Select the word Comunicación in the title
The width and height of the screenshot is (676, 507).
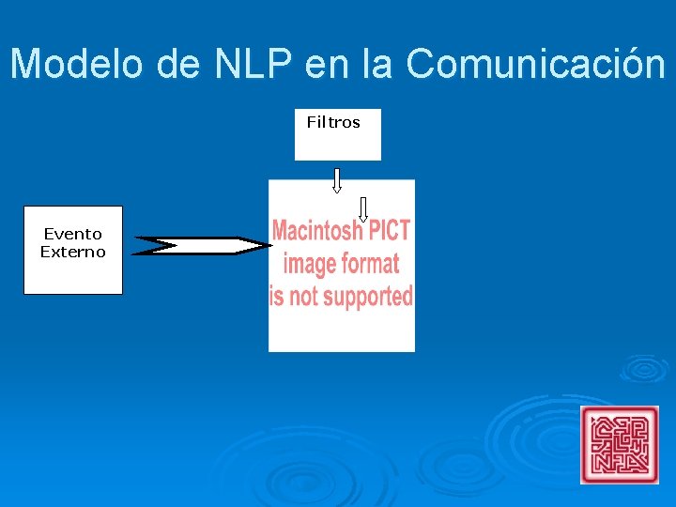pyautogui.click(x=535, y=64)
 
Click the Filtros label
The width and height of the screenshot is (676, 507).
pyautogui.click(x=333, y=122)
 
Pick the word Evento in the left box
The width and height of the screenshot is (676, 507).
pyautogui.click(x=73, y=234)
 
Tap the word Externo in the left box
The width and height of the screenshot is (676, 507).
pyautogui.click(x=73, y=252)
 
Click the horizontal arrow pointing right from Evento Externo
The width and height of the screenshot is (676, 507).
pyautogui.click(x=201, y=246)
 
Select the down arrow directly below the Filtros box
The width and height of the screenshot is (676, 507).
pyautogui.click(x=337, y=180)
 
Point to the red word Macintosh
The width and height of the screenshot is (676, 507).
pyautogui.click(x=316, y=231)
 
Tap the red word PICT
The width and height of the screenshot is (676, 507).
pyautogui.click(x=389, y=231)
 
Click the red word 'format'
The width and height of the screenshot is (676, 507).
pyautogui.click(x=370, y=264)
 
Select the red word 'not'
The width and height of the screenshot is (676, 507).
pyautogui.click(x=303, y=297)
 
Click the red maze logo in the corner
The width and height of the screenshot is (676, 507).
pyautogui.click(x=620, y=444)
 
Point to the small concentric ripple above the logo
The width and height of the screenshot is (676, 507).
pyautogui.click(x=643, y=368)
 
